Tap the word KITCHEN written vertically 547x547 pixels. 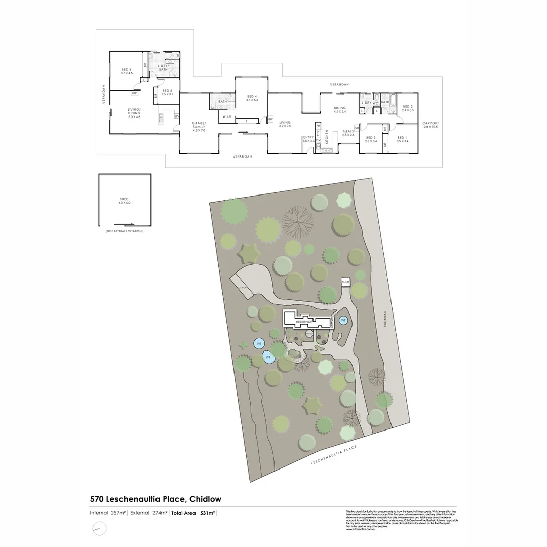[x=327, y=138]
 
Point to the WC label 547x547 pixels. [x=376, y=103]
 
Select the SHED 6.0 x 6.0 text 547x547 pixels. [x=124, y=201]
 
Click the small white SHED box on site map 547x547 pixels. [x=345, y=282]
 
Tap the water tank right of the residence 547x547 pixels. [x=343, y=320]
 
